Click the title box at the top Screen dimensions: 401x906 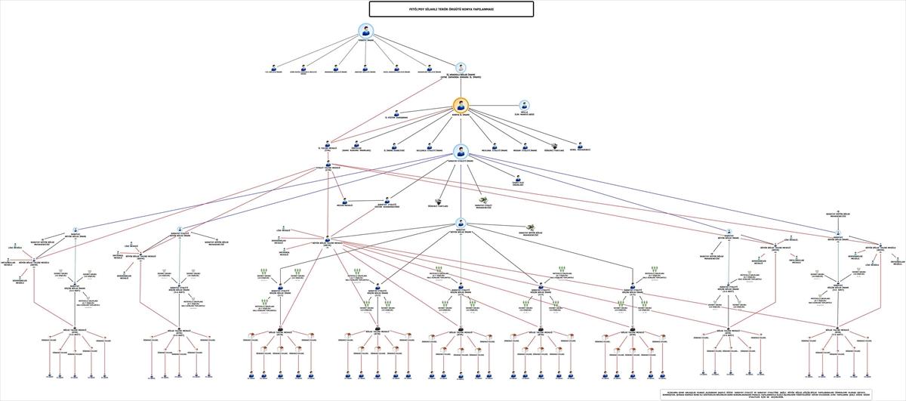[x=451, y=9]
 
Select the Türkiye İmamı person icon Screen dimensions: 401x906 [x=366, y=32]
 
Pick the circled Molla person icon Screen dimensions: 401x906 [x=524, y=105]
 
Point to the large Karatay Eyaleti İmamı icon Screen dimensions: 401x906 [x=461, y=151]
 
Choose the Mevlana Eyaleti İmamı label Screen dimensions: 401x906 [x=496, y=150]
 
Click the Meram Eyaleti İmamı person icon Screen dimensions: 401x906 [x=525, y=144]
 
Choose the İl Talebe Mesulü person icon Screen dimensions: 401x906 [x=328, y=144]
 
